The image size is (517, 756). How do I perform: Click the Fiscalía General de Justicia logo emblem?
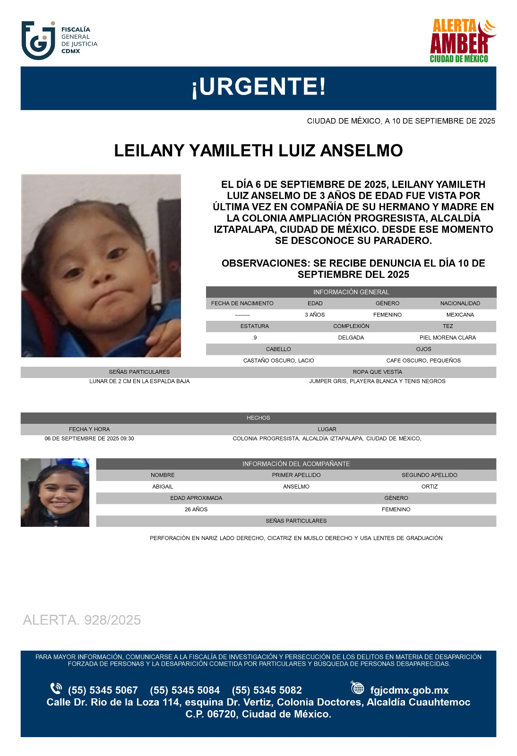point(38,41)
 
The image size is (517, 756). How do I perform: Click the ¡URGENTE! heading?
point(258,87)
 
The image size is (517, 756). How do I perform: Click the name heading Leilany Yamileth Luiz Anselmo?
point(258,151)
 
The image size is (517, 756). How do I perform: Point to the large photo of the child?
point(101,266)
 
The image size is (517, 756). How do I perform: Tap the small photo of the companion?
point(55,492)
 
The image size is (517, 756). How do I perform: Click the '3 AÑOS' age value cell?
point(315,315)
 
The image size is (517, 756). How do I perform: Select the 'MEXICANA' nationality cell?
point(460,315)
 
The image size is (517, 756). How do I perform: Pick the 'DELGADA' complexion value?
point(351,338)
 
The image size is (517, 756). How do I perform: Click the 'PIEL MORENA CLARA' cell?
point(448,338)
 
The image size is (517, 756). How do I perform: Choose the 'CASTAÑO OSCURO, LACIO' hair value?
point(278,361)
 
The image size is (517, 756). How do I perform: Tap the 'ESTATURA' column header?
point(254,326)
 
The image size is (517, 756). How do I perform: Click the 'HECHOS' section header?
point(258,418)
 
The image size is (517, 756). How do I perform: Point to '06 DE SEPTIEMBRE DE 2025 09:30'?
point(89,438)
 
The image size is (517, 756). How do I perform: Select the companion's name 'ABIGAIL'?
point(163,487)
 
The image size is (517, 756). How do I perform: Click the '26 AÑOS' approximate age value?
point(196,509)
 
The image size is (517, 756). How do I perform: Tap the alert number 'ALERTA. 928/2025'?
point(82,620)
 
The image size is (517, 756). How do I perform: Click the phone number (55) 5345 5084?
point(185,690)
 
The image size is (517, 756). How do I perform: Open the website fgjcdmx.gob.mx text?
point(409,690)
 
